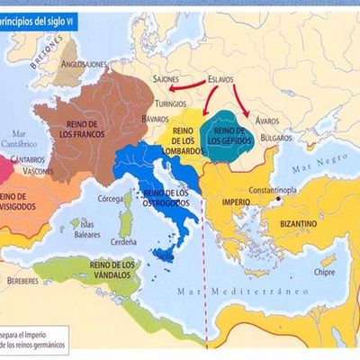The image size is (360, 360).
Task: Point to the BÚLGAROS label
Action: pos(277,138)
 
